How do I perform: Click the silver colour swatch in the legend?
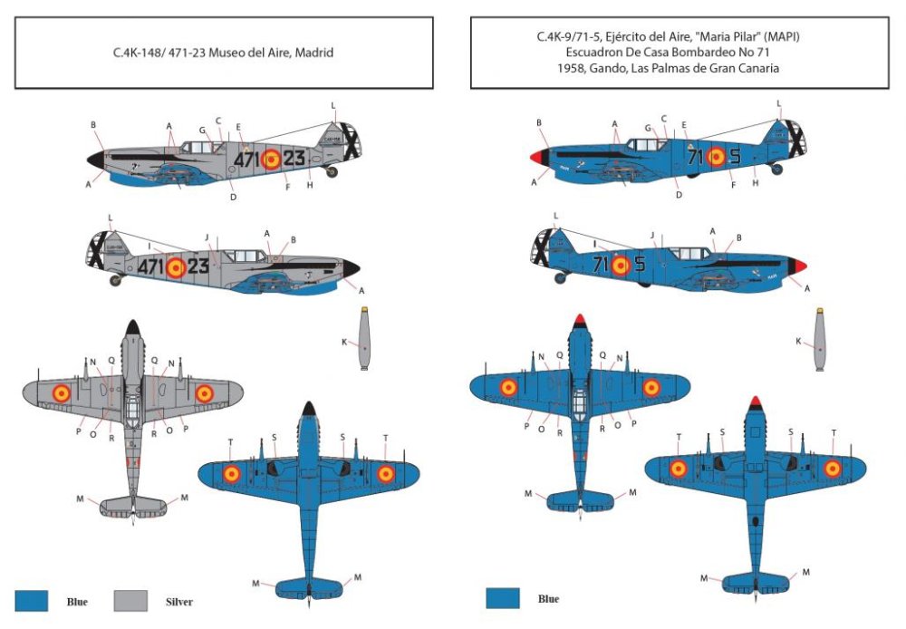131,599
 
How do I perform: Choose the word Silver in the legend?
178,601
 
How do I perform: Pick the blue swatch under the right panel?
502,598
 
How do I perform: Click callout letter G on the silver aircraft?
202,130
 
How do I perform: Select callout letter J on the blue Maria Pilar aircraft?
652,236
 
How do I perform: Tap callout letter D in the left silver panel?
233,197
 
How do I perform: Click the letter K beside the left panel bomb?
344,342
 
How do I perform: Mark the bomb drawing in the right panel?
818,340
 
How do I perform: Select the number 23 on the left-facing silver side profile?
199,266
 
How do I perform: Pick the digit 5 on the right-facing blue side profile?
734,157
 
